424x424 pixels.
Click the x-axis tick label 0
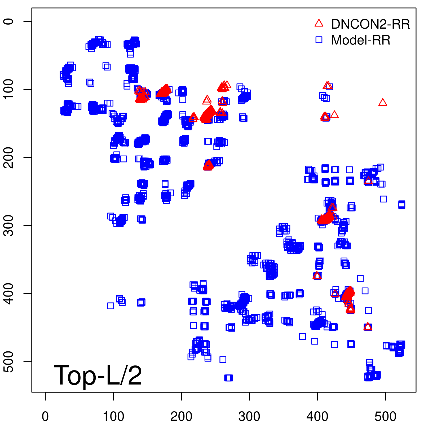coord(45,417)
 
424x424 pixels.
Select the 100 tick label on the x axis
coord(113,417)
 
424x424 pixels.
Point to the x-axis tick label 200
coord(181,417)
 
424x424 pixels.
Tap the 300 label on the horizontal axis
coord(249,417)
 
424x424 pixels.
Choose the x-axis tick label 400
coord(317,417)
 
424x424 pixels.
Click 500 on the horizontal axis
coord(385,417)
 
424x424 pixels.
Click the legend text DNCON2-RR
coord(370,24)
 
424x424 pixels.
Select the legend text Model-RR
coord(361,40)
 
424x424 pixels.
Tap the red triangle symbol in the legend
coord(319,23)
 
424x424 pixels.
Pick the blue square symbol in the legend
coord(319,40)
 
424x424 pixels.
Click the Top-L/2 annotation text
coord(98,375)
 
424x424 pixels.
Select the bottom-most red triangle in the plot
coord(368,327)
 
